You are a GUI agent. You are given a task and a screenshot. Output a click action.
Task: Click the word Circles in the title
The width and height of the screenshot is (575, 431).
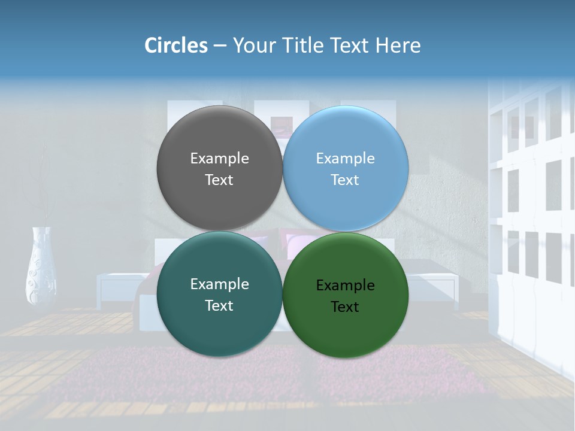tap(176, 45)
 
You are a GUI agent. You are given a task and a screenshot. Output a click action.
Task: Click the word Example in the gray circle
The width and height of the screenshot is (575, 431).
tap(219, 158)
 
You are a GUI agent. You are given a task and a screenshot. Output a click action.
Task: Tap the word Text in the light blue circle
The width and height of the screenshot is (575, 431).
tap(345, 180)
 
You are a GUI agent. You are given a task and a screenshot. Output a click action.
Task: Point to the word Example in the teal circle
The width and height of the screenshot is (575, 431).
tap(219, 284)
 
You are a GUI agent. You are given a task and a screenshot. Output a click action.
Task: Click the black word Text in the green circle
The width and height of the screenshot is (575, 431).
tap(345, 306)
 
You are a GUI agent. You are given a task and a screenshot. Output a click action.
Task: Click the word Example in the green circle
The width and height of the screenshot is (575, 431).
tap(345, 285)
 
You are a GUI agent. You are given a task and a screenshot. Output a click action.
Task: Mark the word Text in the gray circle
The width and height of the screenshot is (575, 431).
tap(219, 180)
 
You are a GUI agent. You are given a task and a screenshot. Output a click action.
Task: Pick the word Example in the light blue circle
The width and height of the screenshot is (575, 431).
tap(345, 158)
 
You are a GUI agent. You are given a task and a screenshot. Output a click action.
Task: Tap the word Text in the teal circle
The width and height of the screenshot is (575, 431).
tap(219, 305)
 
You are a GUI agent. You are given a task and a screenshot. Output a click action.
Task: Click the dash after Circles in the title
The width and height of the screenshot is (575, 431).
tap(220, 46)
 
